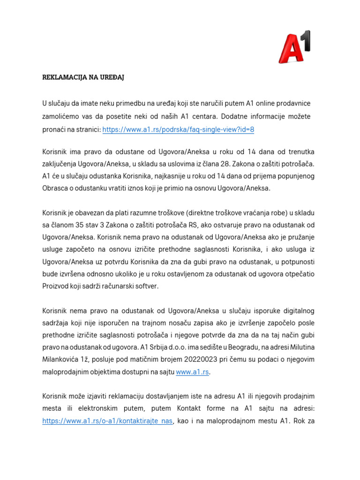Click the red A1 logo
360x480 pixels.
295,46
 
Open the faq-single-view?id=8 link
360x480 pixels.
178,130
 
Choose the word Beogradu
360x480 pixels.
256,347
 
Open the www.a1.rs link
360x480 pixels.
192,372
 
